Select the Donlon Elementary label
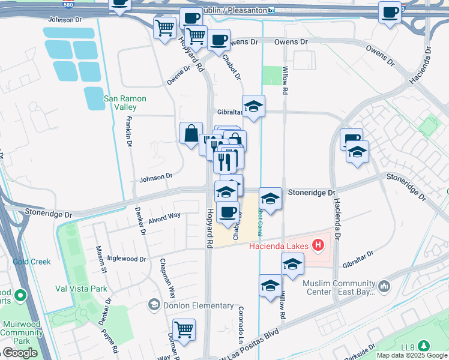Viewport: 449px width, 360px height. pyautogui.click(x=191, y=305)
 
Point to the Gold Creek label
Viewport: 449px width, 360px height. pyautogui.click(x=32, y=262)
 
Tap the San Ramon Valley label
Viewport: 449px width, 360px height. pyautogui.click(x=120, y=103)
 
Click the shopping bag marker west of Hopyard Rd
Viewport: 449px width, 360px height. pyautogui.click(x=191, y=133)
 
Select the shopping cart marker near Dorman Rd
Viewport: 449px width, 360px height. pyautogui.click(x=184, y=328)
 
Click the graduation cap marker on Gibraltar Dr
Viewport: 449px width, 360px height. pyautogui.click(x=253, y=106)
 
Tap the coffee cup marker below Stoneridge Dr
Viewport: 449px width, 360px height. pyautogui.click(x=227, y=212)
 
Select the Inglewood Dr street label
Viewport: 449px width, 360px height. pyautogui.click(x=126, y=259)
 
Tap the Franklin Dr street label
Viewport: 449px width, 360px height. pyautogui.click(x=129, y=131)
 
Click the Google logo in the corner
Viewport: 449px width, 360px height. pyautogui.click(x=20, y=353)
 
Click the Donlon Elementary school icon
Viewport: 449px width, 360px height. pyautogui.click(x=154, y=305)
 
